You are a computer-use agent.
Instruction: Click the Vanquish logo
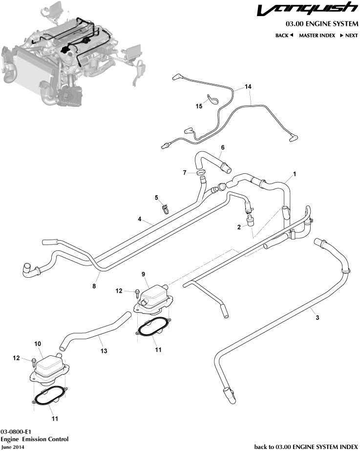[307, 9]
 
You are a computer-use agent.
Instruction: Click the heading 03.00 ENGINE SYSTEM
[322, 24]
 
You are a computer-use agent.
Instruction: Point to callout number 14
[248, 86]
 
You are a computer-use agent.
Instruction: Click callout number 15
[199, 105]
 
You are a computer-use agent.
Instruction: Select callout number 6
[223, 147]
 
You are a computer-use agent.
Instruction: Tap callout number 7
[185, 172]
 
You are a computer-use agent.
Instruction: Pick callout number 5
[157, 198]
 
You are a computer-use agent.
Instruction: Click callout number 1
[295, 174]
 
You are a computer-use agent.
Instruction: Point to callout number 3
[318, 318]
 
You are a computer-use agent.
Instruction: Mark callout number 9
[144, 274]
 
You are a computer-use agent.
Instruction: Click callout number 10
[38, 344]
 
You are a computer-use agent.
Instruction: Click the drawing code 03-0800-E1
[17, 432]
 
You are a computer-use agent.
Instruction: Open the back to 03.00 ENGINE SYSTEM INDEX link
[306, 447]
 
